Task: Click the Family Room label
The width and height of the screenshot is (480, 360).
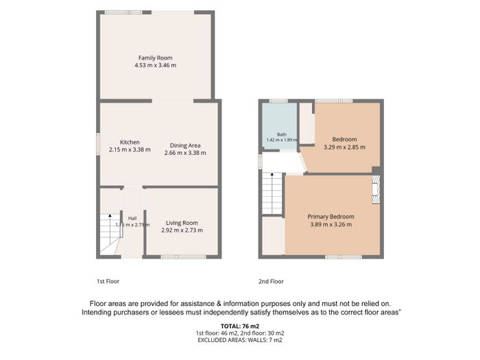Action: pyautogui.click(x=155, y=58)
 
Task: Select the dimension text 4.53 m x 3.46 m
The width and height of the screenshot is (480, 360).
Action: pyautogui.click(x=155, y=65)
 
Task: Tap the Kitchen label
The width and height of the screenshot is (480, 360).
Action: pyautogui.click(x=130, y=143)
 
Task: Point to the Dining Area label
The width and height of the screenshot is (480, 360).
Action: pyautogui.click(x=185, y=145)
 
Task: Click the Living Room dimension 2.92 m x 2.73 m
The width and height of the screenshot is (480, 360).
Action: pyautogui.click(x=182, y=230)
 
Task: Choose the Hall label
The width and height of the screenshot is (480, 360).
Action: pyautogui.click(x=132, y=218)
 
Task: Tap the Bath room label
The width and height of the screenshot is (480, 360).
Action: pyautogui.click(x=282, y=134)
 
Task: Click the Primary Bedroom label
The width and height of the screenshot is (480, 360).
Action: pyautogui.click(x=331, y=217)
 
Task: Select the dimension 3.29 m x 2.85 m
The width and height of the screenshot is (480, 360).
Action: pyautogui.click(x=344, y=147)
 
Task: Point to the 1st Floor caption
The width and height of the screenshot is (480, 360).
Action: pyautogui.click(x=108, y=281)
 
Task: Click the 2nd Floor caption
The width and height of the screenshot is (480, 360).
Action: pyautogui.click(x=271, y=281)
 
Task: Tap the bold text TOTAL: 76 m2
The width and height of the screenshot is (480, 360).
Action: pyautogui.click(x=240, y=326)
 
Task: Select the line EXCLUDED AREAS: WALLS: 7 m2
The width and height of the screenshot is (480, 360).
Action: pyautogui.click(x=240, y=340)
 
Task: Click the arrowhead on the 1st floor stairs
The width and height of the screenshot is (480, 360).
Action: pyautogui.click(x=110, y=216)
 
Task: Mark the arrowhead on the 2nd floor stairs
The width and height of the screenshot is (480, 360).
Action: pyautogui.click(x=272, y=174)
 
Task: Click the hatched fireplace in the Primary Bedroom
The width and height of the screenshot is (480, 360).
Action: pyautogui.click(x=376, y=189)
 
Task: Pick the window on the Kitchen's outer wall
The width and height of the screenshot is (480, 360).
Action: pyautogui.click(x=98, y=143)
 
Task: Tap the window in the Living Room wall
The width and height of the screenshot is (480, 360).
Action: pyautogui.click(x=184, y=257)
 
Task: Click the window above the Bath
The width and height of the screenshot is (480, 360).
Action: pyautogui.click(x=278, y=101)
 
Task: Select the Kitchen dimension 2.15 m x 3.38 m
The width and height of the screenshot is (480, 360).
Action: pyautogui.click(x=130, y=149)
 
